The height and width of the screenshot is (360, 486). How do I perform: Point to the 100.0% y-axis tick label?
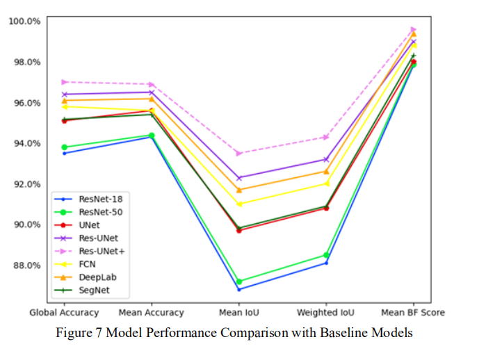(x=24, y=21)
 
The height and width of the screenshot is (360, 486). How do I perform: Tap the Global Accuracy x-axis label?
(x=64, y=313)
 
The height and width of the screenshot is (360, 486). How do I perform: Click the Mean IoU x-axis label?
(x=239, y=313)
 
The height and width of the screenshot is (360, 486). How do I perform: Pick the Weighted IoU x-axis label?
(x=326, y=313)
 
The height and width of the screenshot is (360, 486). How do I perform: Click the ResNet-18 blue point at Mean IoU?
(x=239, y=289)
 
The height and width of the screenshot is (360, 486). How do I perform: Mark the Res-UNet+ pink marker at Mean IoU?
(x=239, y=153)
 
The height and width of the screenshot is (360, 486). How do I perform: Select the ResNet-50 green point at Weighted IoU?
(x=326, y=255)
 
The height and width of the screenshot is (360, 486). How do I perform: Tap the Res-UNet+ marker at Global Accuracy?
(x=64, y=82)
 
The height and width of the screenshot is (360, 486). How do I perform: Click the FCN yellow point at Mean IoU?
(x=239, y=204)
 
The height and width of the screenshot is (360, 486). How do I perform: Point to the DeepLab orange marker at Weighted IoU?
(x=326, y=172)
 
